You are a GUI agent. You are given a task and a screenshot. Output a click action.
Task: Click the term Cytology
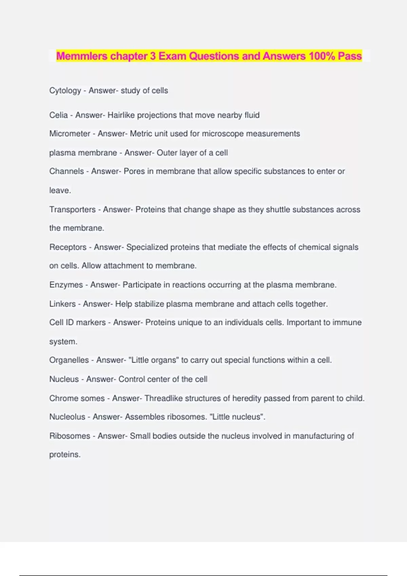pyautogui.click(x=65, y=91)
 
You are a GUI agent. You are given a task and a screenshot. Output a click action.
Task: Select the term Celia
pyautogui.click(x=58, y=115)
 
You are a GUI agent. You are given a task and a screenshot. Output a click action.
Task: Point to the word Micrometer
pyautogui.click(x=70, y=134)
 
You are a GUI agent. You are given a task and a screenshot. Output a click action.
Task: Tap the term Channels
pyautogui.click(x=66, y=171)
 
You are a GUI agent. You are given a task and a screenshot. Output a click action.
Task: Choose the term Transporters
pyautogui.click(x=72, y=210)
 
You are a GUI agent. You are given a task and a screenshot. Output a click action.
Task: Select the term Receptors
pyautogui.click(x=68, y=247)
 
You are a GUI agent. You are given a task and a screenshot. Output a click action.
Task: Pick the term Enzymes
pyautogui.click(x=66, y=285)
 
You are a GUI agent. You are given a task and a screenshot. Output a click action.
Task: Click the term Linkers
pyautogui.click(x=62, y=304)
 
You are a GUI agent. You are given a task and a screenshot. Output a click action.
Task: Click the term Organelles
pyautogui.click(x=69, y=360)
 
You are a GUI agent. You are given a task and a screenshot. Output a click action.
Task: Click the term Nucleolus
pyautogui.click(x=67, y=417)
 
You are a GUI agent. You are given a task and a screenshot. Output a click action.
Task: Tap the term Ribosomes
pyautogui.click(x=70, y=436)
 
